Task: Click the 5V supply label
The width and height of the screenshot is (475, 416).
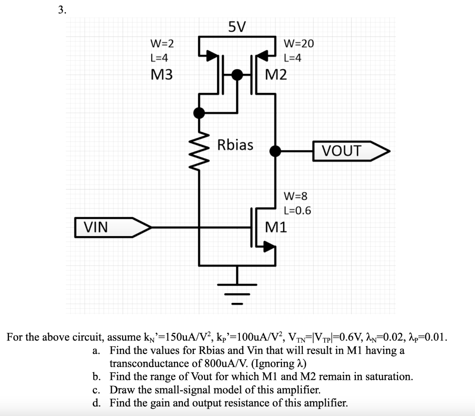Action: [x=237, y=27]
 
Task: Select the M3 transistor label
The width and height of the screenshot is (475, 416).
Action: [x=162, y=74]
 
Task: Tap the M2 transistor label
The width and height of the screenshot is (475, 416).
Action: [x=276, y=74]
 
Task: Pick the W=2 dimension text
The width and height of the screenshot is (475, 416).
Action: [x=162, y=44]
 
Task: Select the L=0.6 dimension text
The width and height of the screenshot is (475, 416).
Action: [x=297, y=211]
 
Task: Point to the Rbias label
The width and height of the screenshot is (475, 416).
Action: [x=236, y=145]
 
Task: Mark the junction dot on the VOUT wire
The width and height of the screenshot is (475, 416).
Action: [x=276, y=151]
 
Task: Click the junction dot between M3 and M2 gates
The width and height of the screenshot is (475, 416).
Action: [x=237, y=74]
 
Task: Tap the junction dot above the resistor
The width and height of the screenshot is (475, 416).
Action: [x=199, y=112]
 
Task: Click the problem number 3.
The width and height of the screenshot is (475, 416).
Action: [x=62, y=10]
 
